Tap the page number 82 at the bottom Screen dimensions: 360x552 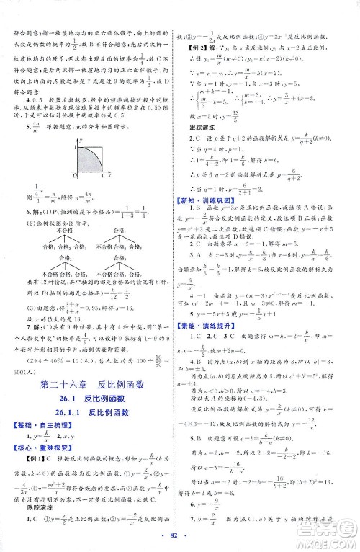[181, 540]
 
